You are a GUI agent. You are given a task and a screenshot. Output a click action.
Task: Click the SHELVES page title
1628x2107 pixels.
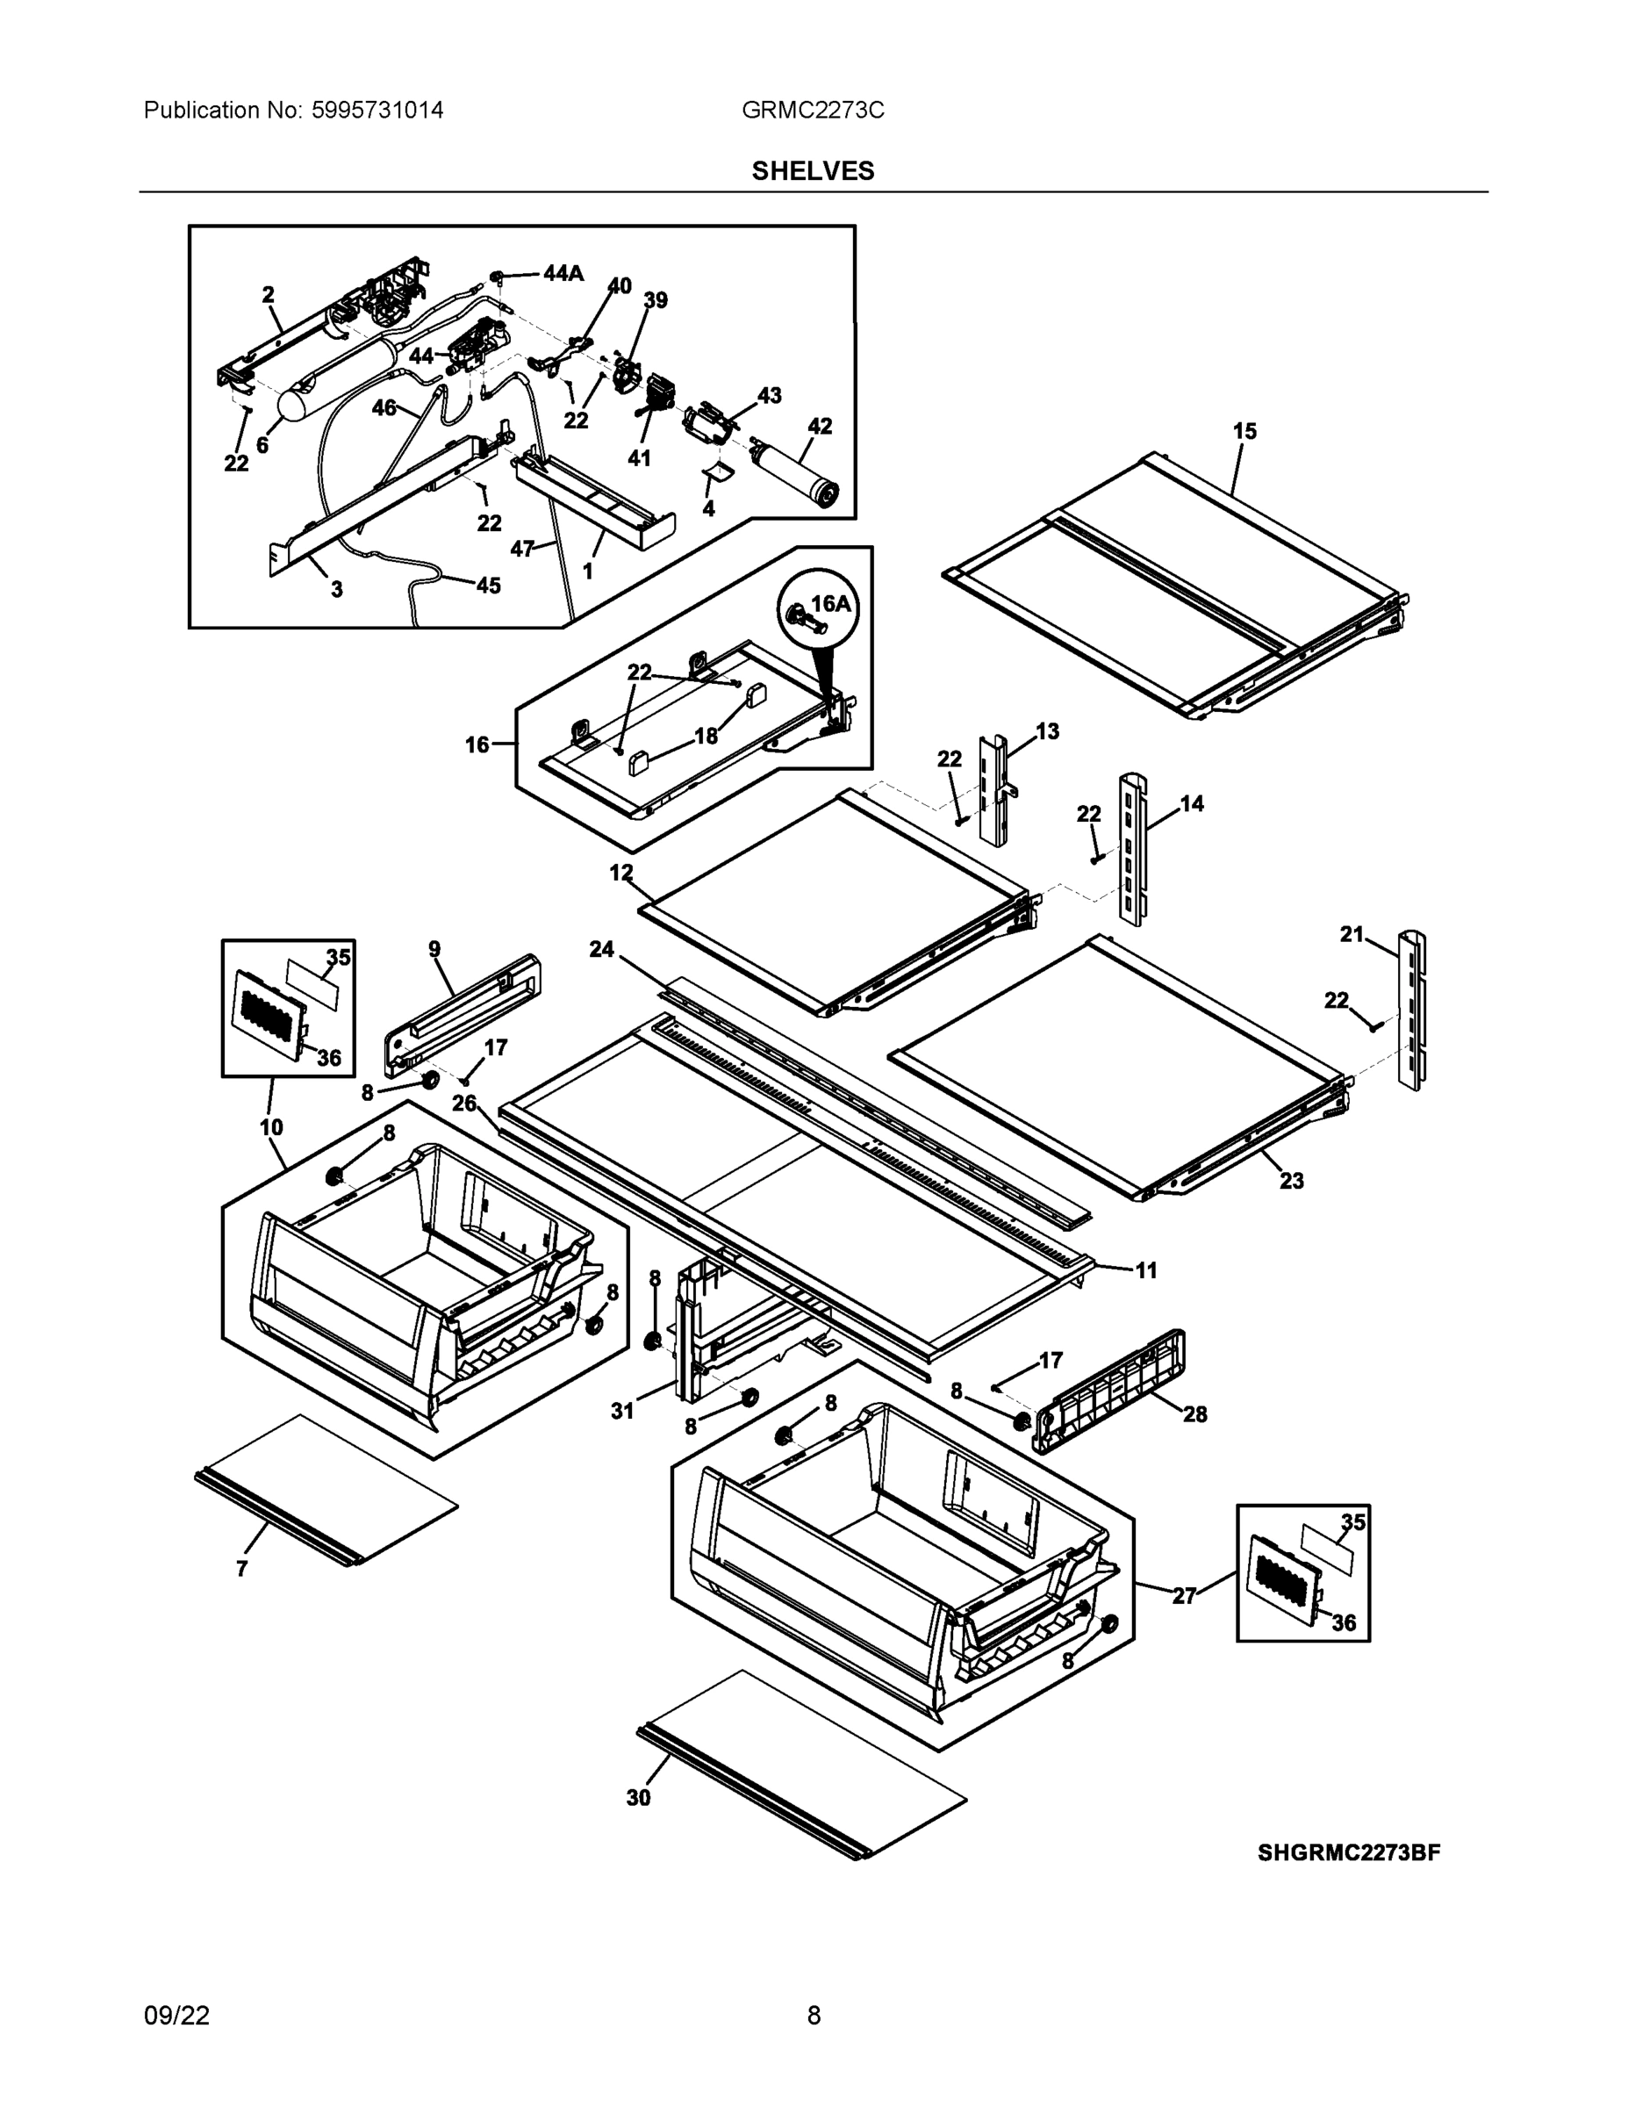coord(812,171)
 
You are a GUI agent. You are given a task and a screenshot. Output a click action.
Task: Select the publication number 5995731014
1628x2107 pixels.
coord(377,110)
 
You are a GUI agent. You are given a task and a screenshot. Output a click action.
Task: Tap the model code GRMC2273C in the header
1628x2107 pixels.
coord(812,110)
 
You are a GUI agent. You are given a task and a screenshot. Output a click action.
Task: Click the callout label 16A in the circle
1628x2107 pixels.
coord(830,604)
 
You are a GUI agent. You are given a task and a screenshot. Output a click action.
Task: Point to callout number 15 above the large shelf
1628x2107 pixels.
coord(1244,431)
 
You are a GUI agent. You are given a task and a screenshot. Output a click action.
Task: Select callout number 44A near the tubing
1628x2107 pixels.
coord(563,273)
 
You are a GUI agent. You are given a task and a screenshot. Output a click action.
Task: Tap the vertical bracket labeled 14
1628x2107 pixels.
coord(1132,849)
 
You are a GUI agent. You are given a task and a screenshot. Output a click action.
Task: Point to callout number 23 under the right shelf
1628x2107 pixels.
coord(1290,1180)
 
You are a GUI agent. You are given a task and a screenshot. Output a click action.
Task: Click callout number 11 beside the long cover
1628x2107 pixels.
coord(1146,1270)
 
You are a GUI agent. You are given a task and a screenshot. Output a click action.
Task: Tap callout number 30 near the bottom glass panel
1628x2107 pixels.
coord(638,1797)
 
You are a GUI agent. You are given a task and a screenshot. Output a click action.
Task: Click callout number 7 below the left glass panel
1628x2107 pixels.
coord(241,1569)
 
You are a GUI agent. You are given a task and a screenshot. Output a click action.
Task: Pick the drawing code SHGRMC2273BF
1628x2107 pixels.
coord(1348,1852)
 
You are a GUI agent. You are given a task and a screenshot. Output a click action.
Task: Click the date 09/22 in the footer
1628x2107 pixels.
coord(176,2016)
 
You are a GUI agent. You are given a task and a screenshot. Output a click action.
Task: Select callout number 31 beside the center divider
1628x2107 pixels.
coord(622,1411)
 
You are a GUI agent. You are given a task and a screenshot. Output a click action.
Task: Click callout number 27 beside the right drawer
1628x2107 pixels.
coord(1183,1596)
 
